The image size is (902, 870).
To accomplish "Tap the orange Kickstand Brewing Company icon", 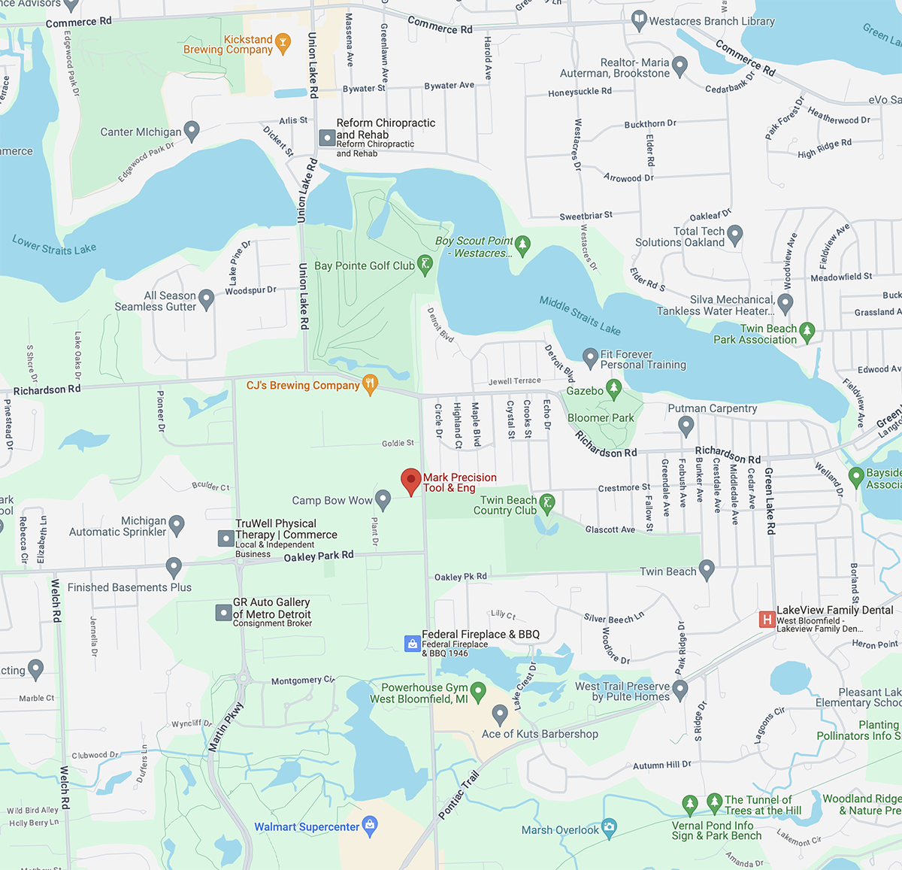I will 283,43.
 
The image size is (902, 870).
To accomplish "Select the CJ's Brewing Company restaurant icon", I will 370,384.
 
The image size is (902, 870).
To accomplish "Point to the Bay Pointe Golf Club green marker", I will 425,265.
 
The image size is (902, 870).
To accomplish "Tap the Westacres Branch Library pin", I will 639,20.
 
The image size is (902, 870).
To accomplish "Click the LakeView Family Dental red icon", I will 767,619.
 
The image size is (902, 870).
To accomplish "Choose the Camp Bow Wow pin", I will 383,499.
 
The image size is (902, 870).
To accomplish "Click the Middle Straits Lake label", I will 580,315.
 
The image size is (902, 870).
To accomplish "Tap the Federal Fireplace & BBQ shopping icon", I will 412,643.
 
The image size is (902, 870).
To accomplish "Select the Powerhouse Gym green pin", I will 478,690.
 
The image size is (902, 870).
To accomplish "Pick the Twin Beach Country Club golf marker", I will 547,503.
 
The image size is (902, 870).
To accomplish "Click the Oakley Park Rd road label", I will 318,556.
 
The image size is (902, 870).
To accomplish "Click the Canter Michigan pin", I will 192,131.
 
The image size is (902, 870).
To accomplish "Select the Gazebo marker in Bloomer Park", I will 614,389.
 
